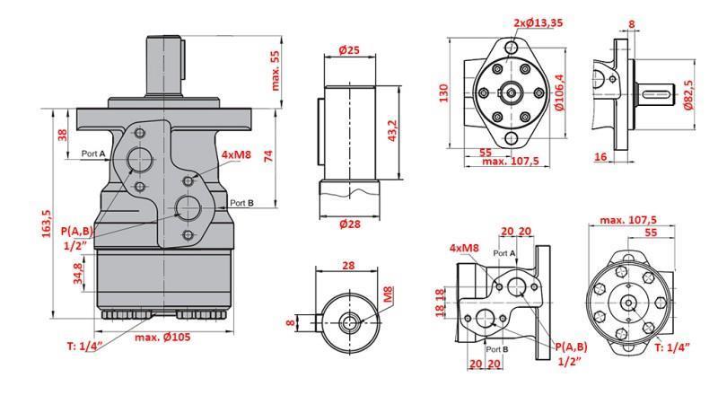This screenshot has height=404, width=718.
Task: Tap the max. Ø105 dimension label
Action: (x=164, y=337)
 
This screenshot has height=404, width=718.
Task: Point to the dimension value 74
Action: (x=268, y=155)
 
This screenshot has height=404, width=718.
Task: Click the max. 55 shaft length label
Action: (x=276, y=71)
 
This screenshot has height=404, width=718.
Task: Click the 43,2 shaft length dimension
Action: (x=390, y=128)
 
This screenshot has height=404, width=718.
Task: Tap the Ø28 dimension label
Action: (x=349, y=224)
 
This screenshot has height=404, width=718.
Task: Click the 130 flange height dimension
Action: (x=443, y=92)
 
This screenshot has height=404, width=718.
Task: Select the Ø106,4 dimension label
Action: (x=560, y=92)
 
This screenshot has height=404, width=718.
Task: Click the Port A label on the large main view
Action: (x=93, y=154)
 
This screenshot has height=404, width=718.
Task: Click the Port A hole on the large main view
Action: (x=140, y=160)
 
